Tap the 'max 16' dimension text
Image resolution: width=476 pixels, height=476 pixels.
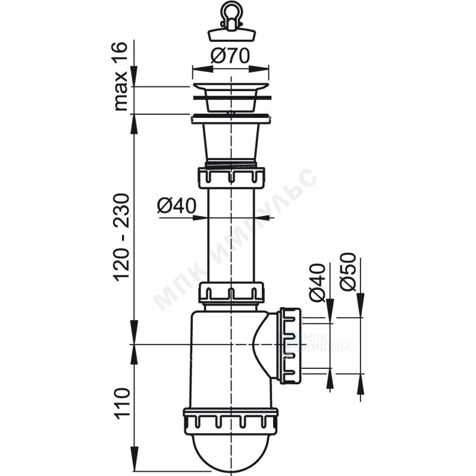[121, 77]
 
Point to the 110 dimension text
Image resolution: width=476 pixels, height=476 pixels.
[121, 404]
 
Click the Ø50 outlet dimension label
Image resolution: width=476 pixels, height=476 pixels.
[347, 272]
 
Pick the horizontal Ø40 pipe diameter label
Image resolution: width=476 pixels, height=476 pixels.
[177, 206]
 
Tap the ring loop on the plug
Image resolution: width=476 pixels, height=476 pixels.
[230, 10]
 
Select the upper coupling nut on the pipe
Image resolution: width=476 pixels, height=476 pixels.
[231, 177]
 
